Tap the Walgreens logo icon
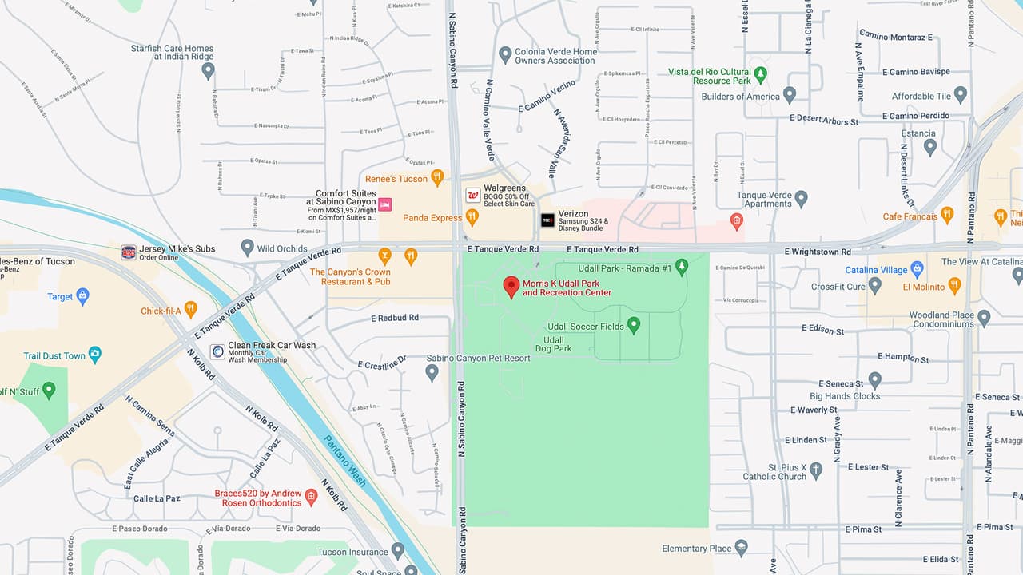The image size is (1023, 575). (x=473, y=195)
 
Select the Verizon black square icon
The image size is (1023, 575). (x=547, y=220)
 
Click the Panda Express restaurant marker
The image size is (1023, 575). (x=472, y=216)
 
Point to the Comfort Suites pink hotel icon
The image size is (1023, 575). (x=384, y=204)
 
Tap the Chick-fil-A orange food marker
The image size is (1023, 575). (x=190, y=308)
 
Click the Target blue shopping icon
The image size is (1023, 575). (x=82, y=296)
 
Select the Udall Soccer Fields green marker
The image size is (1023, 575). (x=634, y=325)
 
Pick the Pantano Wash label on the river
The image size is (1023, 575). (x=345, y=461)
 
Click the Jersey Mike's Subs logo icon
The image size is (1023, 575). (x=129, y=252)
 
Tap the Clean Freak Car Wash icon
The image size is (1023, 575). (x=217, y=351)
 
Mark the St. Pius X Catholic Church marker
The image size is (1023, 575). (x=816, y=470)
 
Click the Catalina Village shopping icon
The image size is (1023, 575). (x=918, y=269)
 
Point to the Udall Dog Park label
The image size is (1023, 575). (x=553, y=344)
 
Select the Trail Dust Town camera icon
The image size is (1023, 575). (x=95, y=355)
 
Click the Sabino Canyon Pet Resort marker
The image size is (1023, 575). (x=432, y=372)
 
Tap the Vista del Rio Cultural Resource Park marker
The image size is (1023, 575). (x=761, y=75)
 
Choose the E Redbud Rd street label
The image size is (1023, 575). (x=395, y=318)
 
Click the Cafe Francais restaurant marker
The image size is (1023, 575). (x=947, y=215)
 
